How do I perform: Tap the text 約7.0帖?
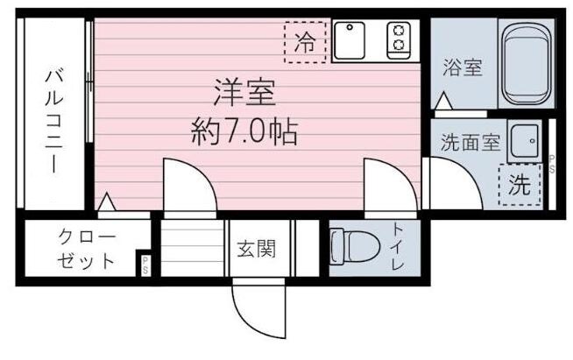(244, 132)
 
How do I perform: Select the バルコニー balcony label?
(53, 122)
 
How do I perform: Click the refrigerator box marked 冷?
(305, 42)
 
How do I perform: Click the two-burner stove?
(400, 39)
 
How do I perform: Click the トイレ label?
(397, 248)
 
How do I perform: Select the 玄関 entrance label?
(256, 249)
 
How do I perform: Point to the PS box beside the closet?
(145, 265)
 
